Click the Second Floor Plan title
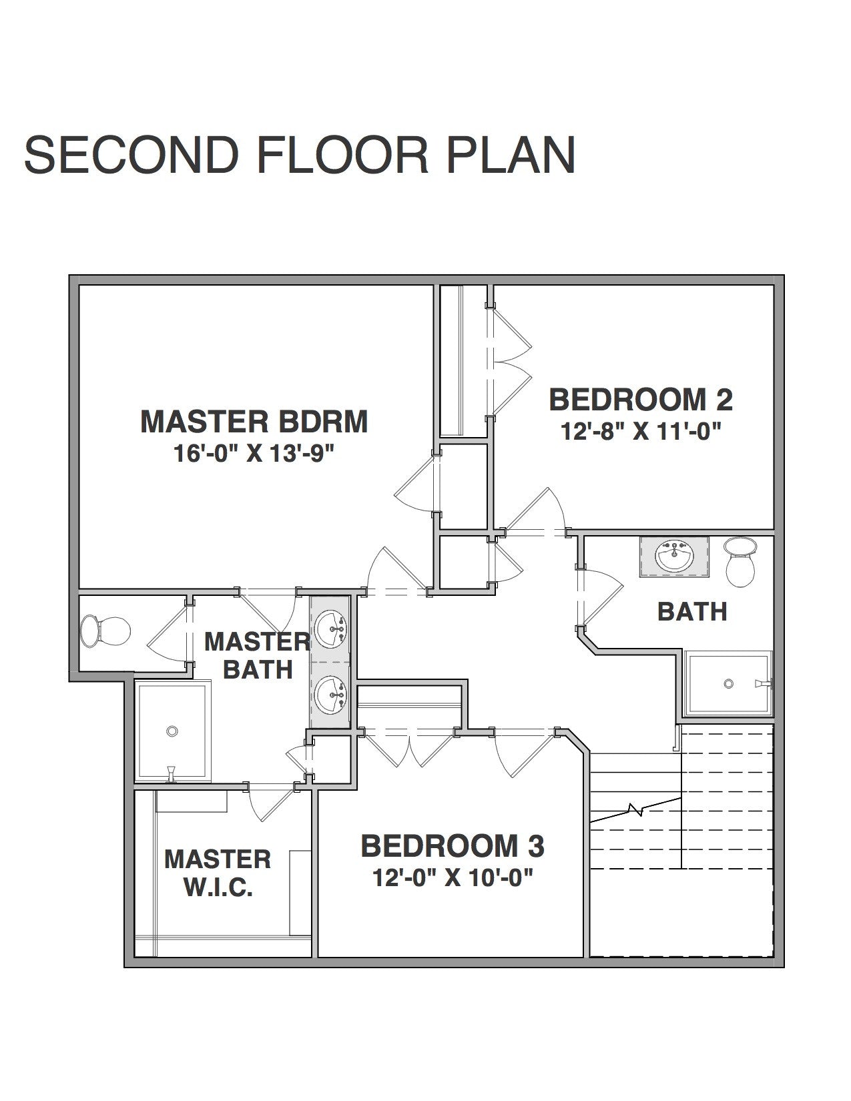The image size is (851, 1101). coord(300,155)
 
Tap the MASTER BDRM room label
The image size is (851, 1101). coord(254,422)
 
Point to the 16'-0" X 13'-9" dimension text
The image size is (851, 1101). coord(254,453)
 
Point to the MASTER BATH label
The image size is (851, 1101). coord(258,656)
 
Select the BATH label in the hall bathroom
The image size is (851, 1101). coord(692,611)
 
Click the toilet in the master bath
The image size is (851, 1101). coord(105,631)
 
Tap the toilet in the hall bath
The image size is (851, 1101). coord(740,563)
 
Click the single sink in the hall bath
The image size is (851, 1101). coord(674,557)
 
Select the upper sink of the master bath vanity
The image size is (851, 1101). coord(330,629)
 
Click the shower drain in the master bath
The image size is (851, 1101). coord(172,731)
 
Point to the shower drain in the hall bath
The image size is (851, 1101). coord(728,683)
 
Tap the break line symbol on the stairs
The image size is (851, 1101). coord(636,809)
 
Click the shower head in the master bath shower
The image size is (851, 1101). coord(172,773)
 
